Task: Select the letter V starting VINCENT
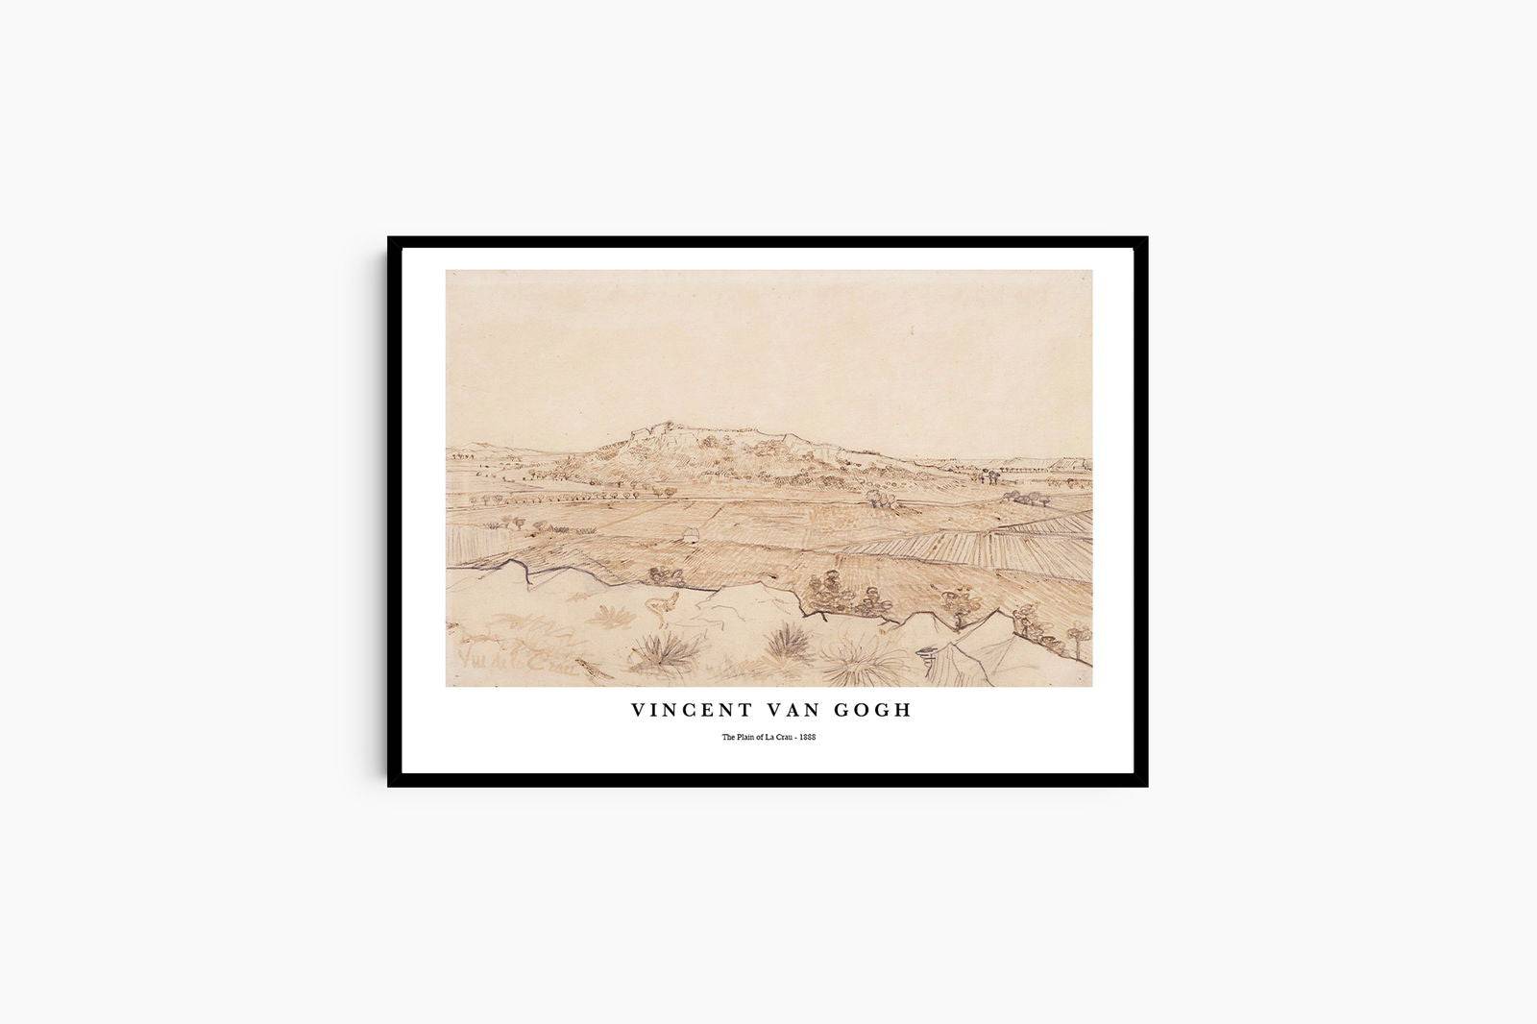(638, 710)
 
